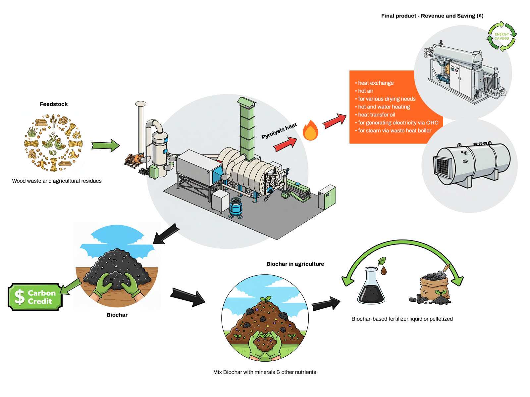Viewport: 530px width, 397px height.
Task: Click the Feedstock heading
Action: [54, 104]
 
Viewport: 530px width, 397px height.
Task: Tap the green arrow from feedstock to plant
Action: [105, 146]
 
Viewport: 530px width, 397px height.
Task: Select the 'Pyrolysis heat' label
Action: [279, 131]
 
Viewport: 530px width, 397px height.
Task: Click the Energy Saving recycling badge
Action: [502, 36]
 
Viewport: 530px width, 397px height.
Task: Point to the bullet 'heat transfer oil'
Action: [376, 115]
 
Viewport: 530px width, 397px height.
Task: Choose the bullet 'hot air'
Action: [365, 91]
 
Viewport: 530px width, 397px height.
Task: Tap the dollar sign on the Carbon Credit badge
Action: [20, 297]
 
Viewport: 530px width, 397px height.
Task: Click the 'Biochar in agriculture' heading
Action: [295, 264]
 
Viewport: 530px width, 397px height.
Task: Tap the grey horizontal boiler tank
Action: [472, 164]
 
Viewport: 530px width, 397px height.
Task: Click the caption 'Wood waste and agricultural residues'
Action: [57, 181]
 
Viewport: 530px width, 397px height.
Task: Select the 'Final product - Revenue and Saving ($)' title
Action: [432, 16]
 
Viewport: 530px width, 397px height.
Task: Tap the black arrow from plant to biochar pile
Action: [166, 234]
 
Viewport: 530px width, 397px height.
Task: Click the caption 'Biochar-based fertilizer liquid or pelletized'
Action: [402, 319]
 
